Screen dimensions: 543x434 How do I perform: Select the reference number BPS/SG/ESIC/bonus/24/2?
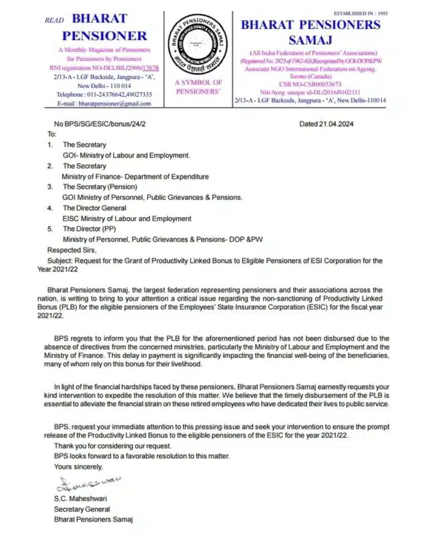pyautogui.click(x=100, y=124)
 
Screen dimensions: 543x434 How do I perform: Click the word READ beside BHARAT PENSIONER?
pyautogui.click(x=54, y=20)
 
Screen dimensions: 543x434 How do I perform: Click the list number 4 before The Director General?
pyautogui.click(x=49, y=208)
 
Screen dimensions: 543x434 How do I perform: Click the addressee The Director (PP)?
pyautogui.click(x=93, y=228)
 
